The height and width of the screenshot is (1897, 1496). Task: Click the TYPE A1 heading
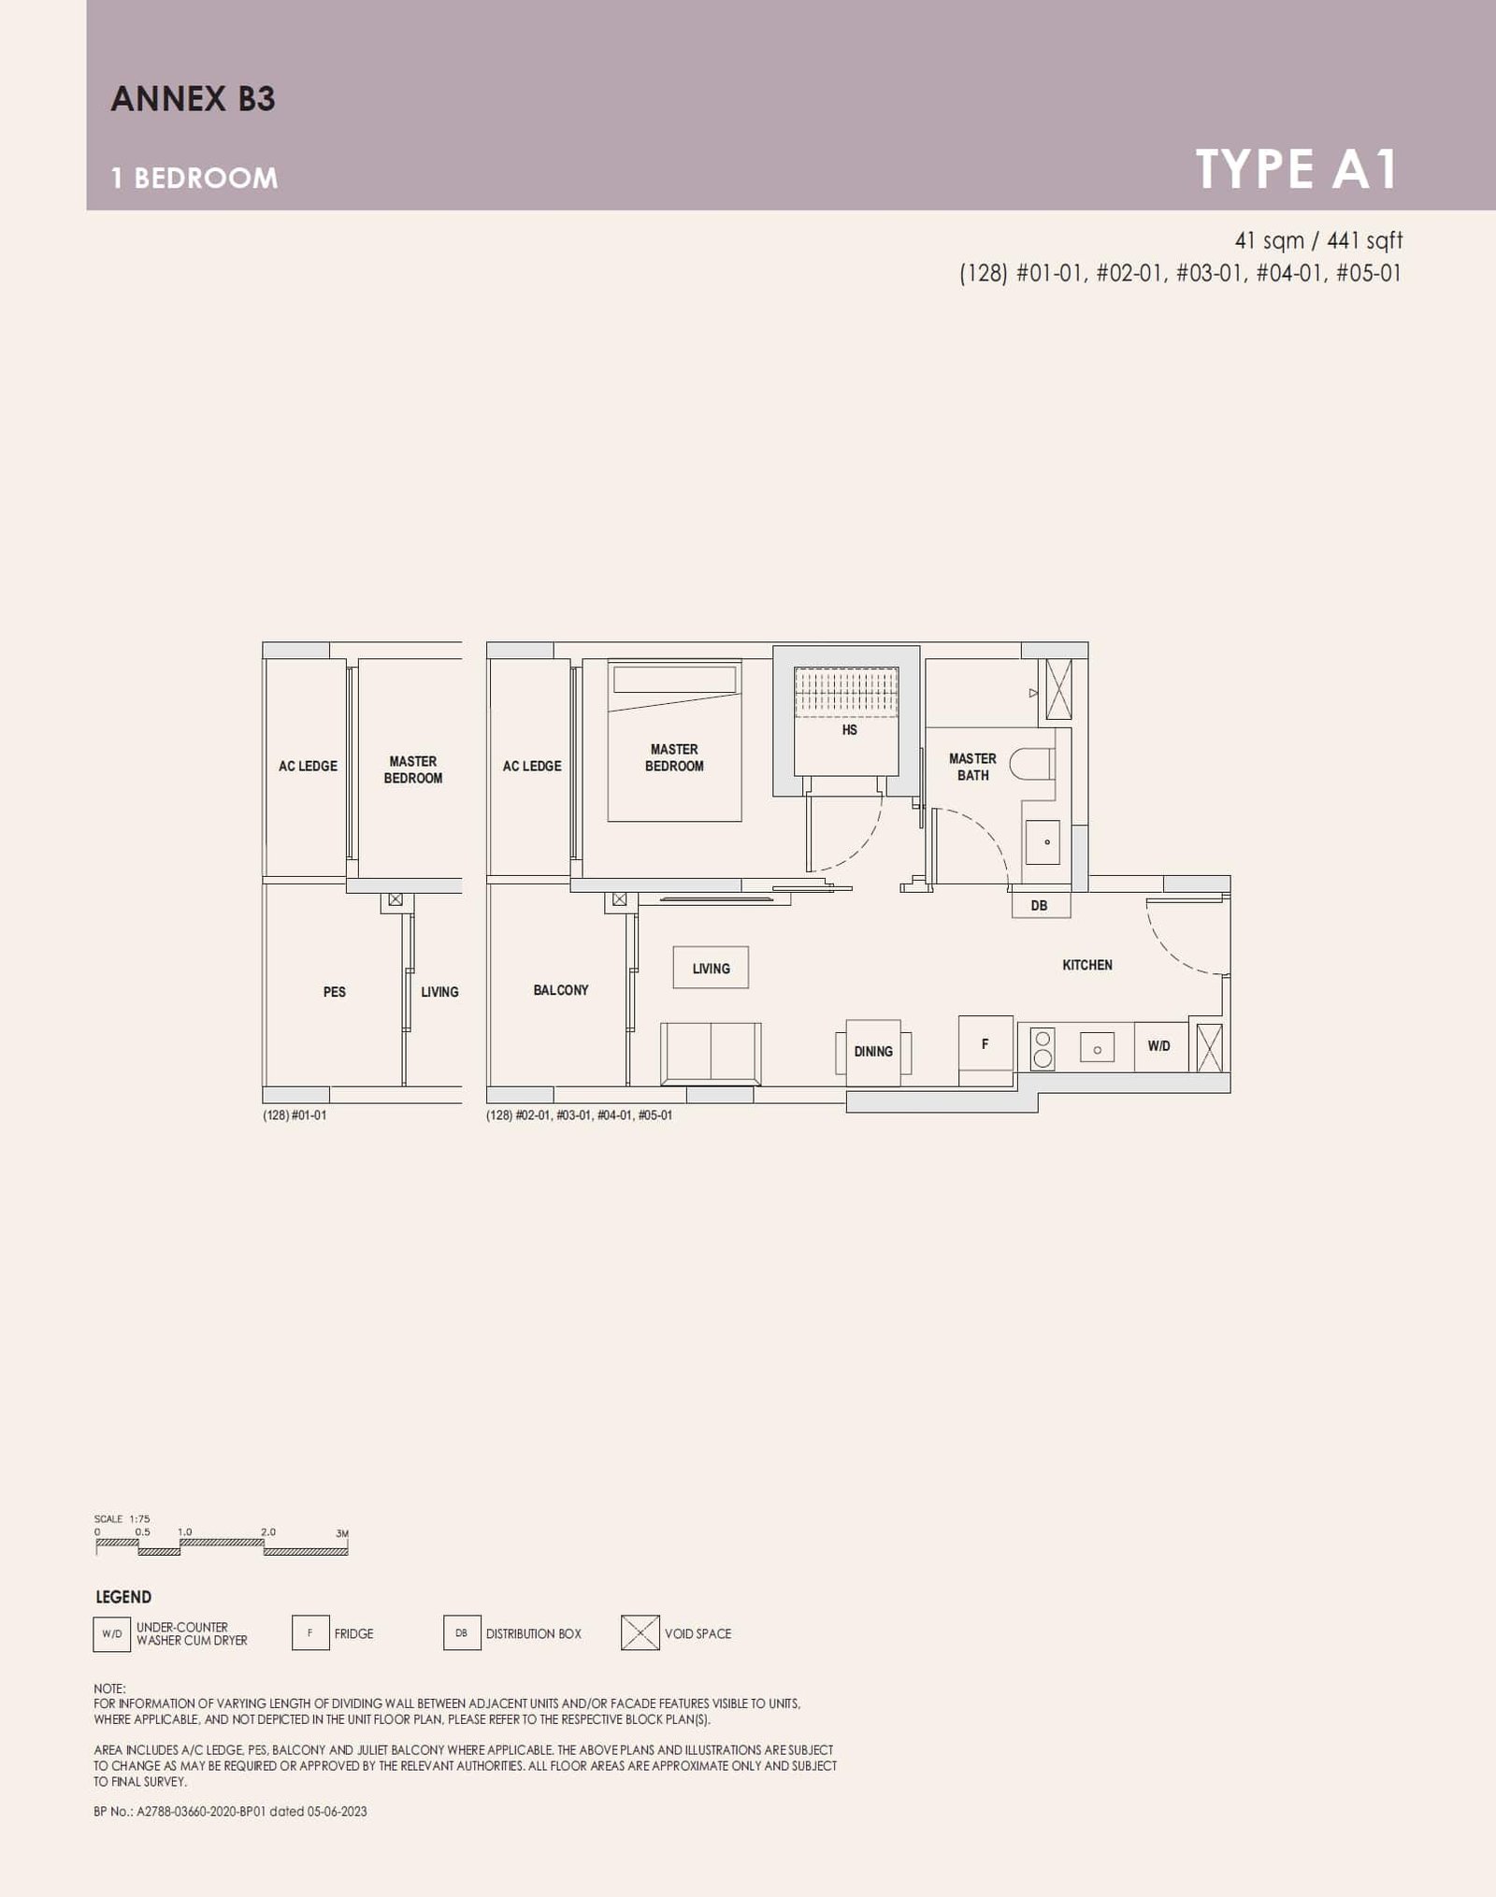[x=1296, y=169]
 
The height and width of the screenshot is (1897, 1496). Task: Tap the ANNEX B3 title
[x=193, y=99]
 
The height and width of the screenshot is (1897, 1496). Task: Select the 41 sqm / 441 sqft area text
[x=1318, y=240]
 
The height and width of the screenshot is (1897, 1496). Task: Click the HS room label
[x=849, y=730]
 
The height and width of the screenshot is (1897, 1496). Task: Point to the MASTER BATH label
[x=972, y=767]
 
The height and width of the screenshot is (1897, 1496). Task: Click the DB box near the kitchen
[x=1040, y=905]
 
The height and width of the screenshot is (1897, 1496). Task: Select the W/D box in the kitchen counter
[x=1159, y=1046]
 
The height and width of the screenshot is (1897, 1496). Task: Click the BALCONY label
[x=561, y=990]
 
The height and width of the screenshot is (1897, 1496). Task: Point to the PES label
[x=334, y=992]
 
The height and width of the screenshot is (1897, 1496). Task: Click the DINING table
[x=873, y=1052]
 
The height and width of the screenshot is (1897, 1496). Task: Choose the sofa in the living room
[x=711, y=1053]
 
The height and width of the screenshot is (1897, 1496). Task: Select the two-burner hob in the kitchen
[x=1043, y=1048]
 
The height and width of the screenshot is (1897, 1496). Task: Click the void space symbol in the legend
[x=640, y=1633]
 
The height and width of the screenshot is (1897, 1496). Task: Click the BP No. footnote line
[x=230, y=1811]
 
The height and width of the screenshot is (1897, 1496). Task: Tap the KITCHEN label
[x=1087, y=965]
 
